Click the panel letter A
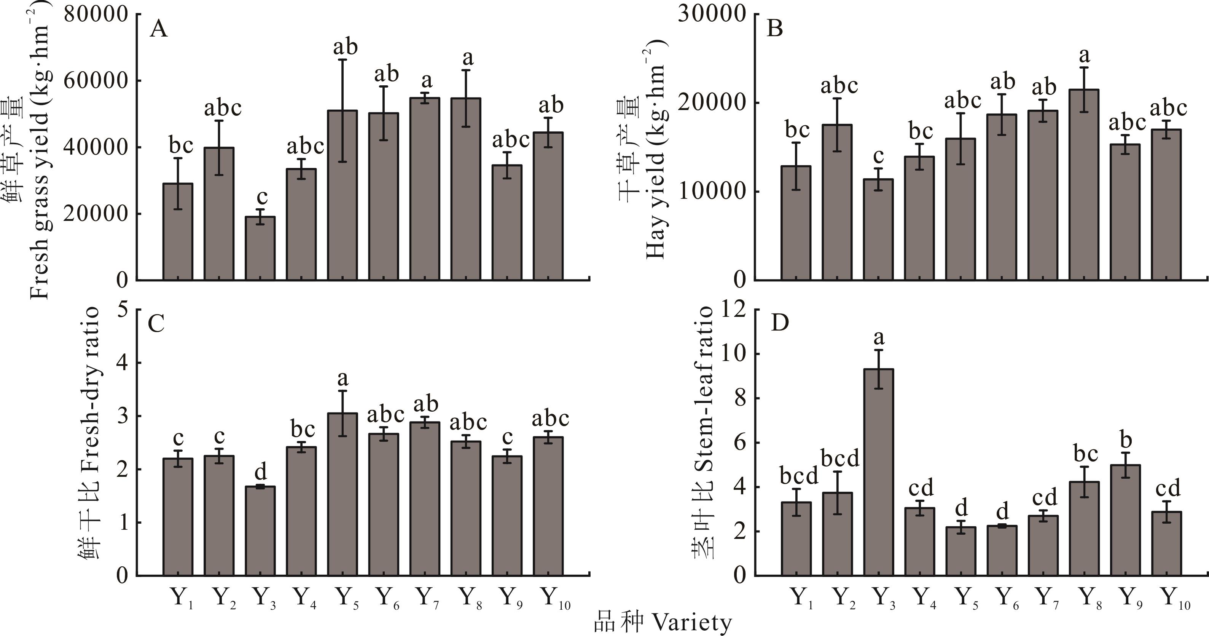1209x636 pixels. click(159, 30)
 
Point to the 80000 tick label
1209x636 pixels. click(96, 14)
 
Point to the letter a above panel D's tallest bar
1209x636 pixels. click(879, 337)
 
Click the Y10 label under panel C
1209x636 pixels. click(556, 598)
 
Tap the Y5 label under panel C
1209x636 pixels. click(347, 598)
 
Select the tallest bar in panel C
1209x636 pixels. click(342, 494)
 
